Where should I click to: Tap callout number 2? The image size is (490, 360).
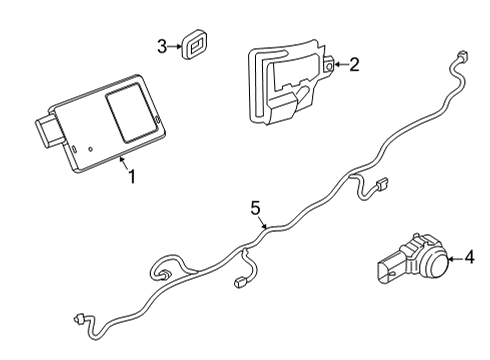[353, 65]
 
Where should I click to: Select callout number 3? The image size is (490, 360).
[162, 46]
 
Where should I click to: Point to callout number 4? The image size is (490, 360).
[469, 259]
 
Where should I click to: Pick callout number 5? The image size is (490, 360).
[255, 208]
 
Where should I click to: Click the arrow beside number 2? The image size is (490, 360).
[337, 65]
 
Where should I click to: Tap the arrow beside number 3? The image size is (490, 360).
[176, 46]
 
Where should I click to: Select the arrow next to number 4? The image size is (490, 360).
[453, 259]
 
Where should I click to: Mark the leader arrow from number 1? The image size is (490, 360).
[122, 160]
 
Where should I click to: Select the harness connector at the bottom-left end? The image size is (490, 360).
[78, 321]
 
